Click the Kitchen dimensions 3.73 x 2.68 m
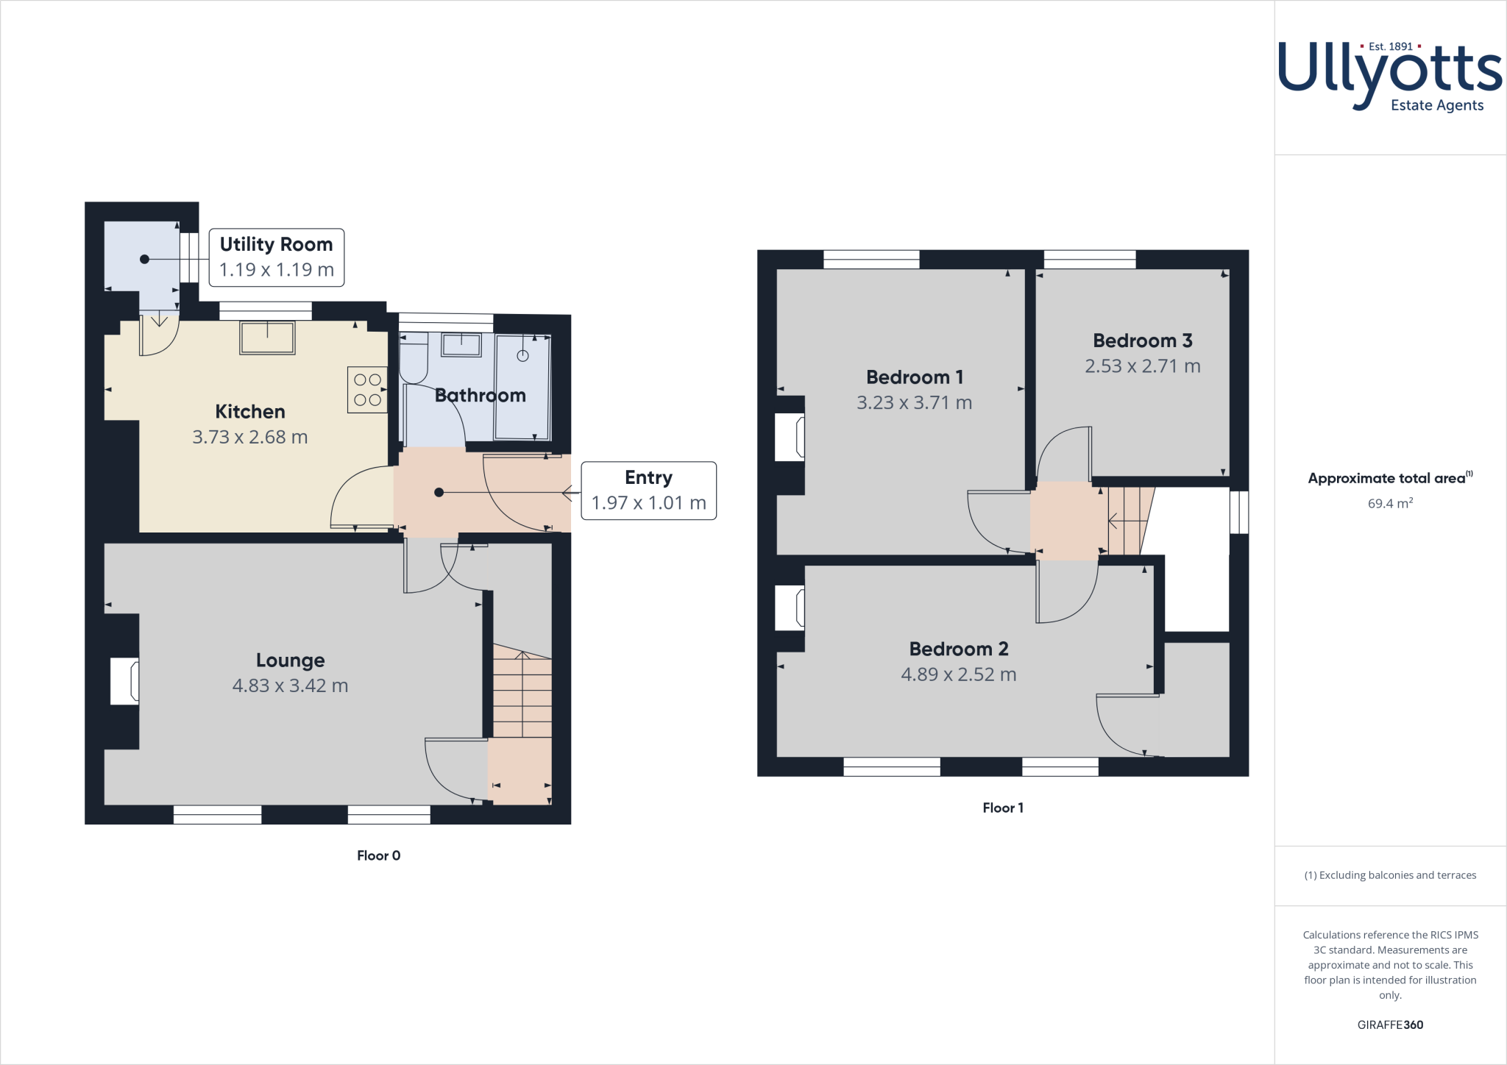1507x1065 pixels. [249, 437]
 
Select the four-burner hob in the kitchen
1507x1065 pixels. [367, 390]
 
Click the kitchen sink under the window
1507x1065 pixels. [267, 338]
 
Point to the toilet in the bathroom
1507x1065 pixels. [414, 358]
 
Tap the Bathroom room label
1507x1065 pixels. [480, 396]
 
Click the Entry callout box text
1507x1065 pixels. [648, 491]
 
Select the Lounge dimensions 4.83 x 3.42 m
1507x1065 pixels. [290, 685]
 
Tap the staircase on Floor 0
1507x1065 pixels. [522, 691]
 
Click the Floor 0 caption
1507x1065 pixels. [378, 855]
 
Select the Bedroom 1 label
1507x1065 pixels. [914, 377]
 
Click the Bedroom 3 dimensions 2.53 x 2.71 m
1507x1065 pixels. [1142, 366]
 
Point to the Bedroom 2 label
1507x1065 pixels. [958, 649]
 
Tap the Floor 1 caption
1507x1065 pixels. [1002, 808]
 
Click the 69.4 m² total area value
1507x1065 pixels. [1389, 504]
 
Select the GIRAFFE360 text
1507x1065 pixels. [1389, 1025]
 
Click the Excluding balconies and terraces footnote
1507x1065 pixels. [1389, 875]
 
